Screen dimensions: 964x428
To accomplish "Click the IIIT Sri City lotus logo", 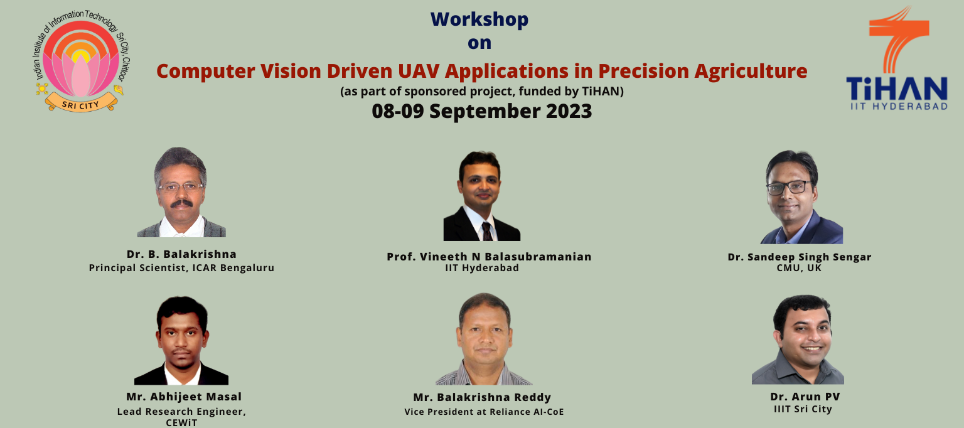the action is (x=82, y=60).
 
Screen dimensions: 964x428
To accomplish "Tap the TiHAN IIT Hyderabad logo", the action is (x=897, y=58).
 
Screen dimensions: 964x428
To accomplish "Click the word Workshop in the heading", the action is (x=479, y=19).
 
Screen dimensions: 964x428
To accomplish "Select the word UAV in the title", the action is (x=417, y=71).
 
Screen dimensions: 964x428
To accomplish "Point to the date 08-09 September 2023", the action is (x=482, y=111).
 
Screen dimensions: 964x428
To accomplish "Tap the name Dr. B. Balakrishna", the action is (x=181, y=254).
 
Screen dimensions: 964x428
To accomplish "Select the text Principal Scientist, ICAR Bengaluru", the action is (x=181, y=268).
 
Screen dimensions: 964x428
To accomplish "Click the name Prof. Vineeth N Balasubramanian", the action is (x=489, y=257).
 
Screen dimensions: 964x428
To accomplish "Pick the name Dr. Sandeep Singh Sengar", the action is (x=800, y=257).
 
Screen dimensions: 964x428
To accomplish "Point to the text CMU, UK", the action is (x=799, y=268).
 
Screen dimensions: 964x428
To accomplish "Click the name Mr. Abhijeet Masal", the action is (x=184, y=397).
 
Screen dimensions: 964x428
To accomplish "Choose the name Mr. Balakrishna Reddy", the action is (x=482, y=397).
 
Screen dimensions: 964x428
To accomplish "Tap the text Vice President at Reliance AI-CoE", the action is (x=484, y=412).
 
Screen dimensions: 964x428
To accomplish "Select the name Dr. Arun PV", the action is (x=805, y=397).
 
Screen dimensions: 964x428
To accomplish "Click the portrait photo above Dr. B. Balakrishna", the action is (x=181, y=192).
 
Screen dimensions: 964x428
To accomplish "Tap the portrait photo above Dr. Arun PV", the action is (x=798, y=340).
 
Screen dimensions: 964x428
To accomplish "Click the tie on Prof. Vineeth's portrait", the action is (x=487, y=232).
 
